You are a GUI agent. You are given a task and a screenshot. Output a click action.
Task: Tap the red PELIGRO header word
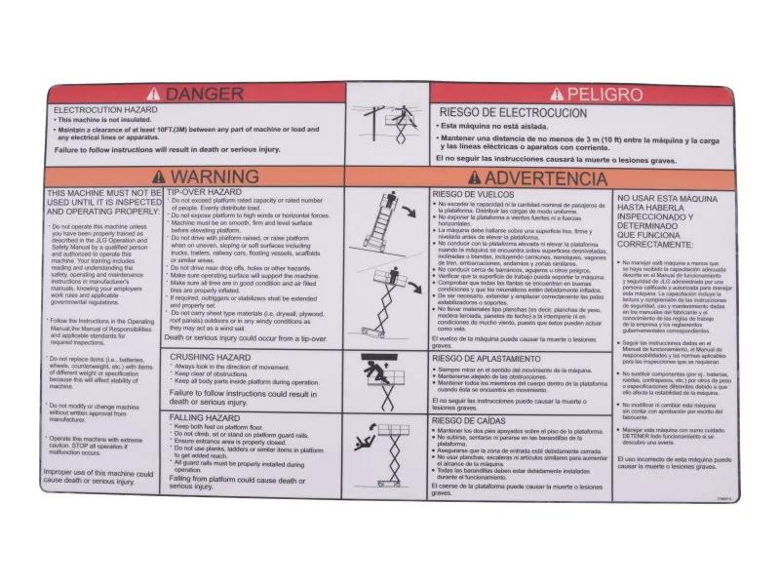pyautogui.click(x=604, y=95)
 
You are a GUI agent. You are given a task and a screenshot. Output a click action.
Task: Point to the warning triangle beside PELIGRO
pyautogui.click(x=557, y=95)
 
